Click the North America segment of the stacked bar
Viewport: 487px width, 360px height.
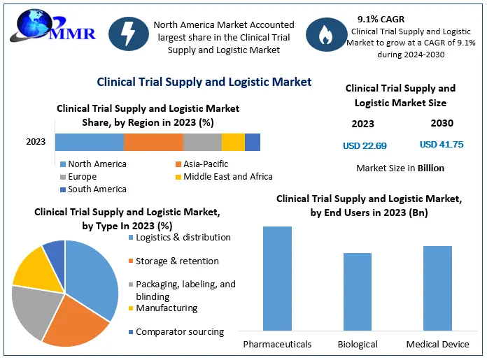tap(90, 142)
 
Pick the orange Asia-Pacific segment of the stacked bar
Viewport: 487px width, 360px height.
tap(153, 142)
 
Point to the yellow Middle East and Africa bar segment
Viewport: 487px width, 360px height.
tap(233, 142)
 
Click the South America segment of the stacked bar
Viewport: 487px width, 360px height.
tap(253, 142)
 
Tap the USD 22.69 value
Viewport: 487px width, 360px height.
tap(365, 145)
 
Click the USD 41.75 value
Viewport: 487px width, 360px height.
tap(441, 145)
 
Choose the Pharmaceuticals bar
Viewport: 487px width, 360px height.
tap(277, 278)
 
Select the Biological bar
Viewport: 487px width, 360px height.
tap(358, 291)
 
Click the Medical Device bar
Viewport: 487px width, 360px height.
tap(437, 287)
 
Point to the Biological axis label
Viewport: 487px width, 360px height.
tap(358, 344)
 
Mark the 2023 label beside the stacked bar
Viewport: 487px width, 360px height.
tap(36, 142)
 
